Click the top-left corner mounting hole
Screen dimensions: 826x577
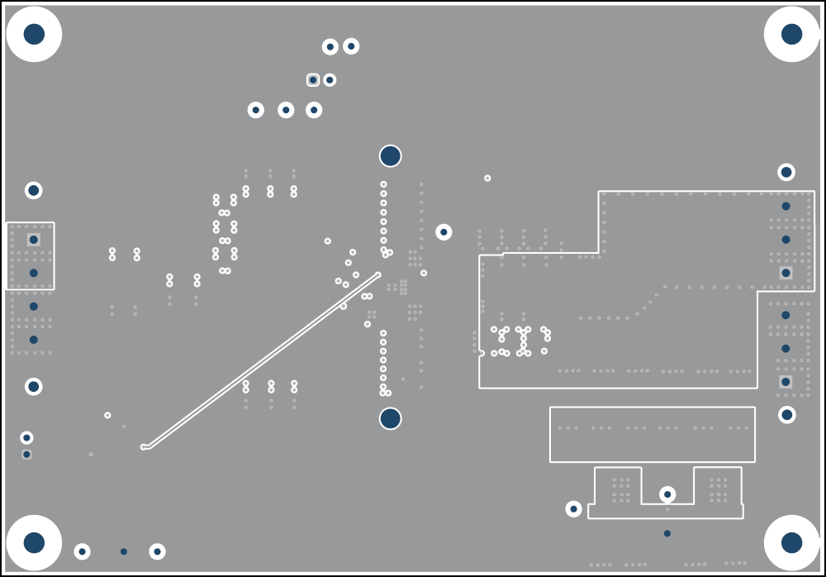pyautogui.click(x=34, y=34)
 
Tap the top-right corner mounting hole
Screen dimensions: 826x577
pyautogui.click(x=791, y=34)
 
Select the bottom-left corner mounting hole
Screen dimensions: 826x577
pyautogui.click(x=34, y=542)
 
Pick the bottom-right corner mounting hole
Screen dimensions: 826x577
pyautogui.click(x=791, y=542)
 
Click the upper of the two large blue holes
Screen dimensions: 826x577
pyautogui.click(x=390, y=155)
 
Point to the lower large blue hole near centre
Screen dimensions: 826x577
pyautogui.click(x=390, y=418)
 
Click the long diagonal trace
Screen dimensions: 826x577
pyautogui.click(x=261, y=360)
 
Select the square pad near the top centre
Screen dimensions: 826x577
pyautogui.click(x=313, y=80)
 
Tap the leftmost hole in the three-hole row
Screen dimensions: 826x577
pyautogui.click(x=256, y=110)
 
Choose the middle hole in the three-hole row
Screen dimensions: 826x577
pyautogui.click(x=286, y=110)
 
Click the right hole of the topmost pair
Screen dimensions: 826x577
pyautogui.click(x=351, y=46)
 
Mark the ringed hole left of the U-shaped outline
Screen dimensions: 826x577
pyautogui.click(x=573, y=508)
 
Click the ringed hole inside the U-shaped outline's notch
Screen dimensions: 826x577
pyautogui.click(x=667, y=494)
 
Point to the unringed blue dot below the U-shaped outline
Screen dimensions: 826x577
pyautogui.click(x=667, y=533)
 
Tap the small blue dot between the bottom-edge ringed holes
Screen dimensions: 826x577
pyautogui.click(x=124, y=551)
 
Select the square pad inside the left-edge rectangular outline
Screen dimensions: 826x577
pyautogui.click(x=34, y=240)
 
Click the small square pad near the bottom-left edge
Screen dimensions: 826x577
pyautogui.click(x=26, y=455)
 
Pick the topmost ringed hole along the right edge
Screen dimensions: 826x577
pyautogui.click(x=786, y=172)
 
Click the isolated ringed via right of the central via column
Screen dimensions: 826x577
pyautogui.click(x=444, y=232)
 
